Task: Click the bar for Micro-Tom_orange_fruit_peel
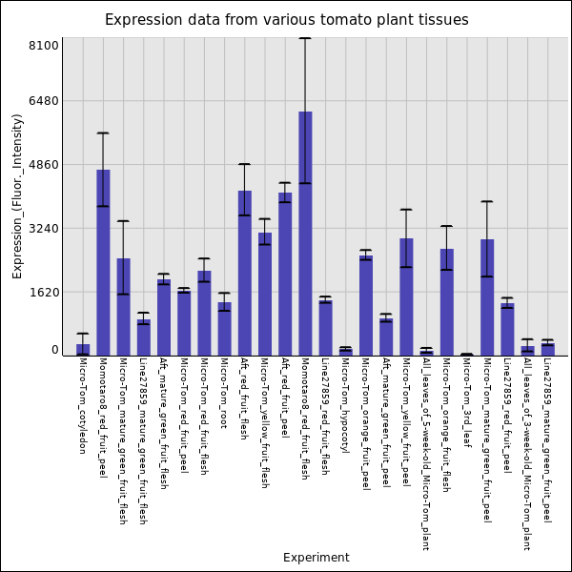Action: (x=366, y=305)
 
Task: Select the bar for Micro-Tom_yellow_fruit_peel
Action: (x=406, y=296)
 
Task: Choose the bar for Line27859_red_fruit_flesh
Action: (x=325, y=328)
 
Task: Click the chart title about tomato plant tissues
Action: (x=286, y=20)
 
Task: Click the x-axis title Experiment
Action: (x=316, y=558)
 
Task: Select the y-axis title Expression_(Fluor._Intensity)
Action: (x=17, y=195)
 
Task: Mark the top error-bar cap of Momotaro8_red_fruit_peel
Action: (x=103, y=133)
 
